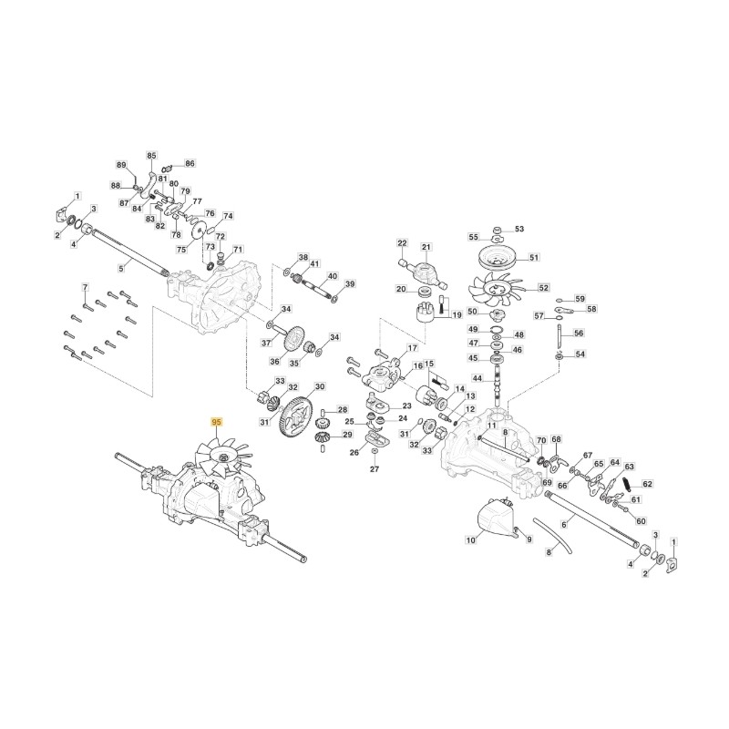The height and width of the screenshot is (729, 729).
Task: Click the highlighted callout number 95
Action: pos(217,422)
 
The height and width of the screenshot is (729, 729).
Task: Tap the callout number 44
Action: pos(477,378)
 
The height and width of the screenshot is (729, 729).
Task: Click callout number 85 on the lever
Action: pos(151,155)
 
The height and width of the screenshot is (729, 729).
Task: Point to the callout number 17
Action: pos(413,348)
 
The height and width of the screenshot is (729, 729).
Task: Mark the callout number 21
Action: pos(426,247)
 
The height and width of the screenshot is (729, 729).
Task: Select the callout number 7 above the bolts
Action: pos(85,287)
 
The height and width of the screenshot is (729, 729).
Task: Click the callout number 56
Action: pos(579,333)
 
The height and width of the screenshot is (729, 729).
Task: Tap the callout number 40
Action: pos(333,276)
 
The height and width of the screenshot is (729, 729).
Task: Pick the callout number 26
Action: pos(354,452)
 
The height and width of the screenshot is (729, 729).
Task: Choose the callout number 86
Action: pos(190,163)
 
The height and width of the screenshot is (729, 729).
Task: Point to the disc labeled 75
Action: pos(200,232)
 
